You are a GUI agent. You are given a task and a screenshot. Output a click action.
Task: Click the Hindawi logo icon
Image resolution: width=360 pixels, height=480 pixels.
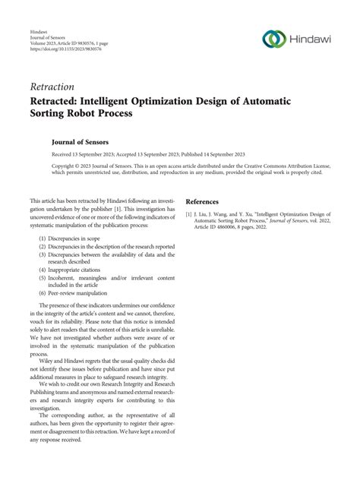(x=273, y=39)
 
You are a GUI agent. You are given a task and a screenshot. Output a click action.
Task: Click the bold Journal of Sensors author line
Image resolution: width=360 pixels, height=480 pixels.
(x=79, y=141)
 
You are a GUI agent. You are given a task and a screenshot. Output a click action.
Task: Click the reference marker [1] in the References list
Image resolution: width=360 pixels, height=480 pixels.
(x=189, y=215)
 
